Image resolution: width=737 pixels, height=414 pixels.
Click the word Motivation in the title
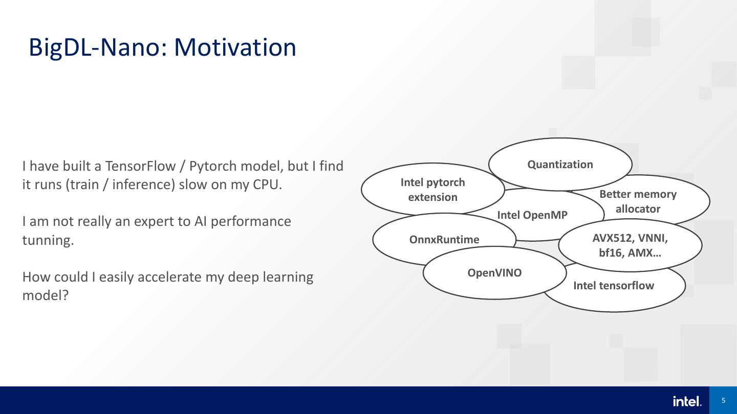(235, 48)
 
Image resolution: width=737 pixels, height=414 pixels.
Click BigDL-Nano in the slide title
(95, 48)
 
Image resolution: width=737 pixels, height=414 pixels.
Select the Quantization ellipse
(560, 164)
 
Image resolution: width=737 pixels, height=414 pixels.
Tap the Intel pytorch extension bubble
(432, 190)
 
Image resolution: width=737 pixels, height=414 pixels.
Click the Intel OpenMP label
(532, 215)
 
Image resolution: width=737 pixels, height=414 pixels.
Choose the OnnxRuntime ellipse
(444, 239)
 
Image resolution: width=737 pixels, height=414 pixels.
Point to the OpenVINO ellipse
(494, 273)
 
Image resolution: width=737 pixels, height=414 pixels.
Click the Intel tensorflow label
(614, 286)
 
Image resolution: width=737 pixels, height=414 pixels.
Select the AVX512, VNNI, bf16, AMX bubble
(630, 245)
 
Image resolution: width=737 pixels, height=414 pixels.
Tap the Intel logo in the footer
(687, 401)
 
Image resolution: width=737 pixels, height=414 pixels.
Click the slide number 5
(723, 401)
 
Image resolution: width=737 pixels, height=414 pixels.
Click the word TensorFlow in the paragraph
(140, 166)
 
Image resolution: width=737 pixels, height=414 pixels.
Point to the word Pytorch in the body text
(213, 167)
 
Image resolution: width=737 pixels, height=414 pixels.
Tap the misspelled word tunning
(48, 241)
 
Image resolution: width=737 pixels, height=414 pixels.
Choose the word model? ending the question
(46, 295)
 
